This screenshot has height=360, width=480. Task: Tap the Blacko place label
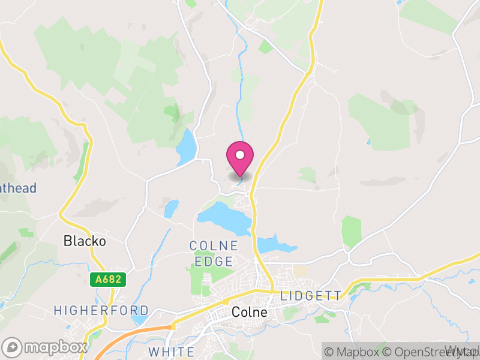(85, 241)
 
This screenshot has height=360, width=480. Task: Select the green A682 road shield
(108, 280)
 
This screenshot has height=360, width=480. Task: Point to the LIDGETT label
(311, 296)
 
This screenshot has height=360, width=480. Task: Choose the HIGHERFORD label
(101, 310)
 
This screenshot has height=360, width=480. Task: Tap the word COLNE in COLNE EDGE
(214, 246)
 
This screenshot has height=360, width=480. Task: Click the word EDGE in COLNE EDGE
(214, 261)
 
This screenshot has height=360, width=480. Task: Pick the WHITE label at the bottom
(171, 352)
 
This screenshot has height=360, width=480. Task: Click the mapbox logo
(45, 347)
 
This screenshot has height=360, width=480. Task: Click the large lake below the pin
(231, 219)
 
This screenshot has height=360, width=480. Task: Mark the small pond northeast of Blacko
(172, 209)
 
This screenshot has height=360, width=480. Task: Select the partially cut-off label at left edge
(18, 188)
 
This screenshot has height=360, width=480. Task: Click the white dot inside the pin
(240, 155)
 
